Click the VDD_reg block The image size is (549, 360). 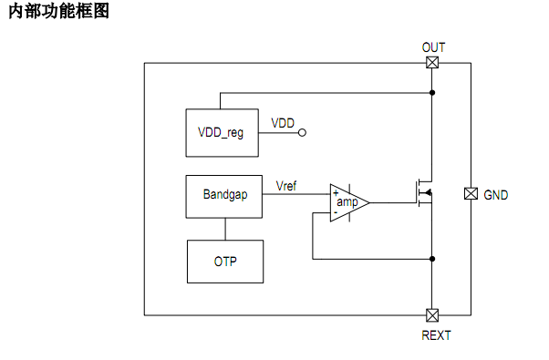tap(221, 131)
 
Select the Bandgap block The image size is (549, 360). tap(224, 196)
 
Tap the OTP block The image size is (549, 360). tap(225, 262)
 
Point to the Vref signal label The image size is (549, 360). tap(286, 186)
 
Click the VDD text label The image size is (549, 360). tap(283, 122)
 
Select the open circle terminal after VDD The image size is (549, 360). tap(303, 132)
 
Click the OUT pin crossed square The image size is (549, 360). tap(432, 63)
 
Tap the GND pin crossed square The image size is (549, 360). tap(471, 194)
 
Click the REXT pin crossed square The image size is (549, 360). tap(432, 315)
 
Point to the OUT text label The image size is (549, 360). tap(434, 46)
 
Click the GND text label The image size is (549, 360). tap(496, 195)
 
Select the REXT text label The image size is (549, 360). tap(435, 335)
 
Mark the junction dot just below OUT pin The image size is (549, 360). tap(432, 93)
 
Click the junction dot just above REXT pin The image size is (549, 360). tap(432, 260)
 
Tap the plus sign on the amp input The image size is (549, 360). tap(336, 192)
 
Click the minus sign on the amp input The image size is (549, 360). tap(336, 212)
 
